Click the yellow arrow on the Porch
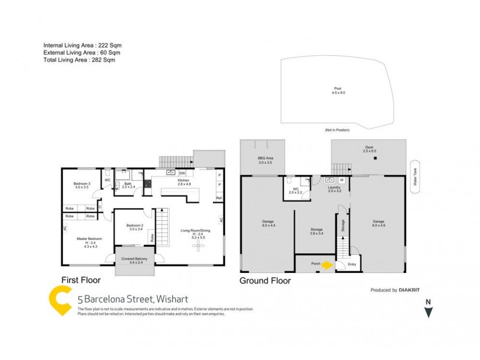[328, 263]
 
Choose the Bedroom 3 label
[82, 185]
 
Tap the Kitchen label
[183, 181]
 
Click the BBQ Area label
[265, 160]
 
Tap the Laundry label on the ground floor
[334, 189]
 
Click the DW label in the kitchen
[182, 173]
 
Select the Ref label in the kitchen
[219, 198]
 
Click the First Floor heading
[81, 280]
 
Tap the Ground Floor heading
[265, 280]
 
